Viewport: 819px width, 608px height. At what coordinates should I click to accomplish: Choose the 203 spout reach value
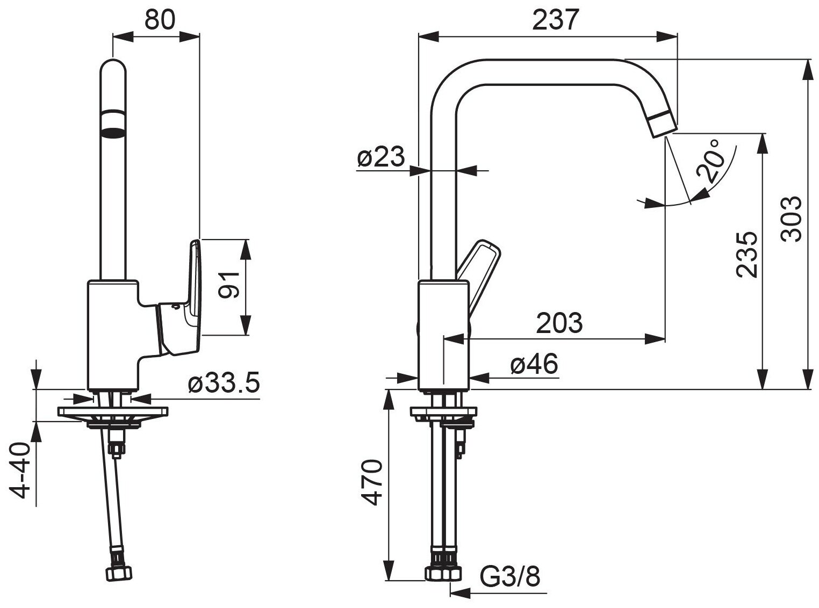(559, 323)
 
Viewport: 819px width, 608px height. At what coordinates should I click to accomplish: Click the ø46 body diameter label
(534, 365)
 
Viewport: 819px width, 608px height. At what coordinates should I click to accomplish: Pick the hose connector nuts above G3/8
(444, 571)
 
